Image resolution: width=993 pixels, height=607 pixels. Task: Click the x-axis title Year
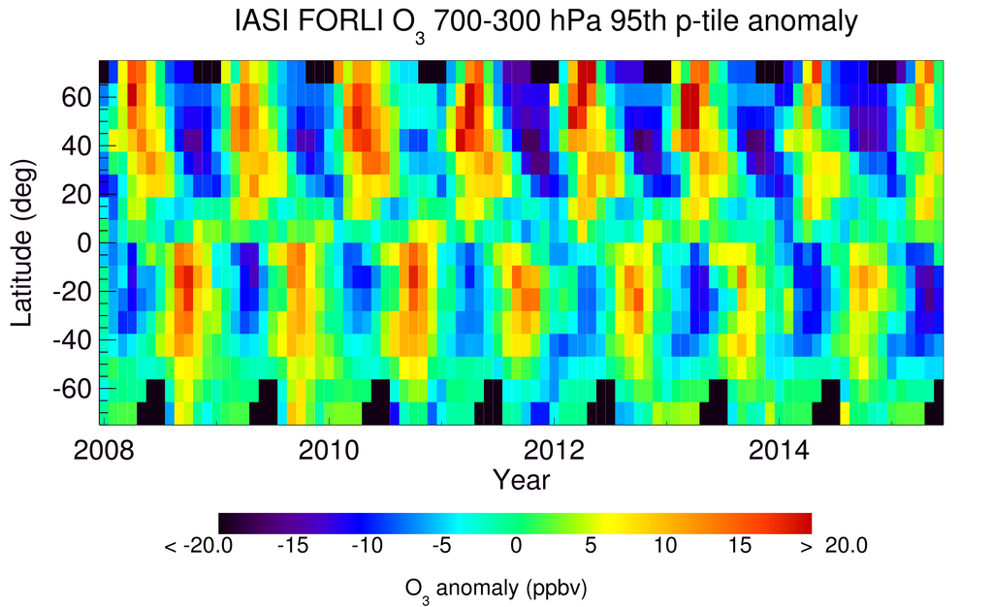(x=521, y=479)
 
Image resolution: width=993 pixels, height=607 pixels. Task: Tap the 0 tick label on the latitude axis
(x=84, y=243)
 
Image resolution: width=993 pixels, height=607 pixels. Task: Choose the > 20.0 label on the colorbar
(x=831, y=547)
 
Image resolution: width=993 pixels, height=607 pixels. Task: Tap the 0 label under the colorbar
(x=516, y=547)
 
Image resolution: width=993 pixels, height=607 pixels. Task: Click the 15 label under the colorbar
(x=738, y=547)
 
